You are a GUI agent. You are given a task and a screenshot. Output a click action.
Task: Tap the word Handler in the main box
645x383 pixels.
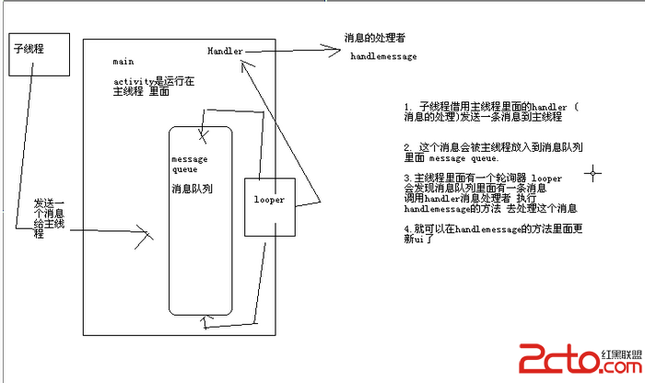pyautogui.click(x=225, y=49)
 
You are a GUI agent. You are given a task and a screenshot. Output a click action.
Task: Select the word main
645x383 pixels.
pyautogui.click(x=123, y=61)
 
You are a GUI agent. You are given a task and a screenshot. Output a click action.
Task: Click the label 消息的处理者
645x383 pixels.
pyautogui.click(x=374, y=39)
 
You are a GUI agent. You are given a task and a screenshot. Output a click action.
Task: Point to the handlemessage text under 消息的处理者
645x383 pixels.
pyautogui.click(x=383, y=56)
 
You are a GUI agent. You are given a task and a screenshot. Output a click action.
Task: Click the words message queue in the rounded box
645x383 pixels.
pyautogui.click(x=191, y=164)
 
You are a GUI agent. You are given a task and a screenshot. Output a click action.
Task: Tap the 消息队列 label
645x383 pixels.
pyautogui.click(x=192, y=189)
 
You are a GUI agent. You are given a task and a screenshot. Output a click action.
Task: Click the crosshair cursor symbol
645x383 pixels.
pyautogui.click(x=593, y=171)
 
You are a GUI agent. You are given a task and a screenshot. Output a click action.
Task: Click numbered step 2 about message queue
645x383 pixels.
pyautogui.click(x=494, y=152)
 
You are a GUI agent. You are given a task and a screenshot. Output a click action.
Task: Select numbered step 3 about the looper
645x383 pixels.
pyautogui.click(x=490, y=192)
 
